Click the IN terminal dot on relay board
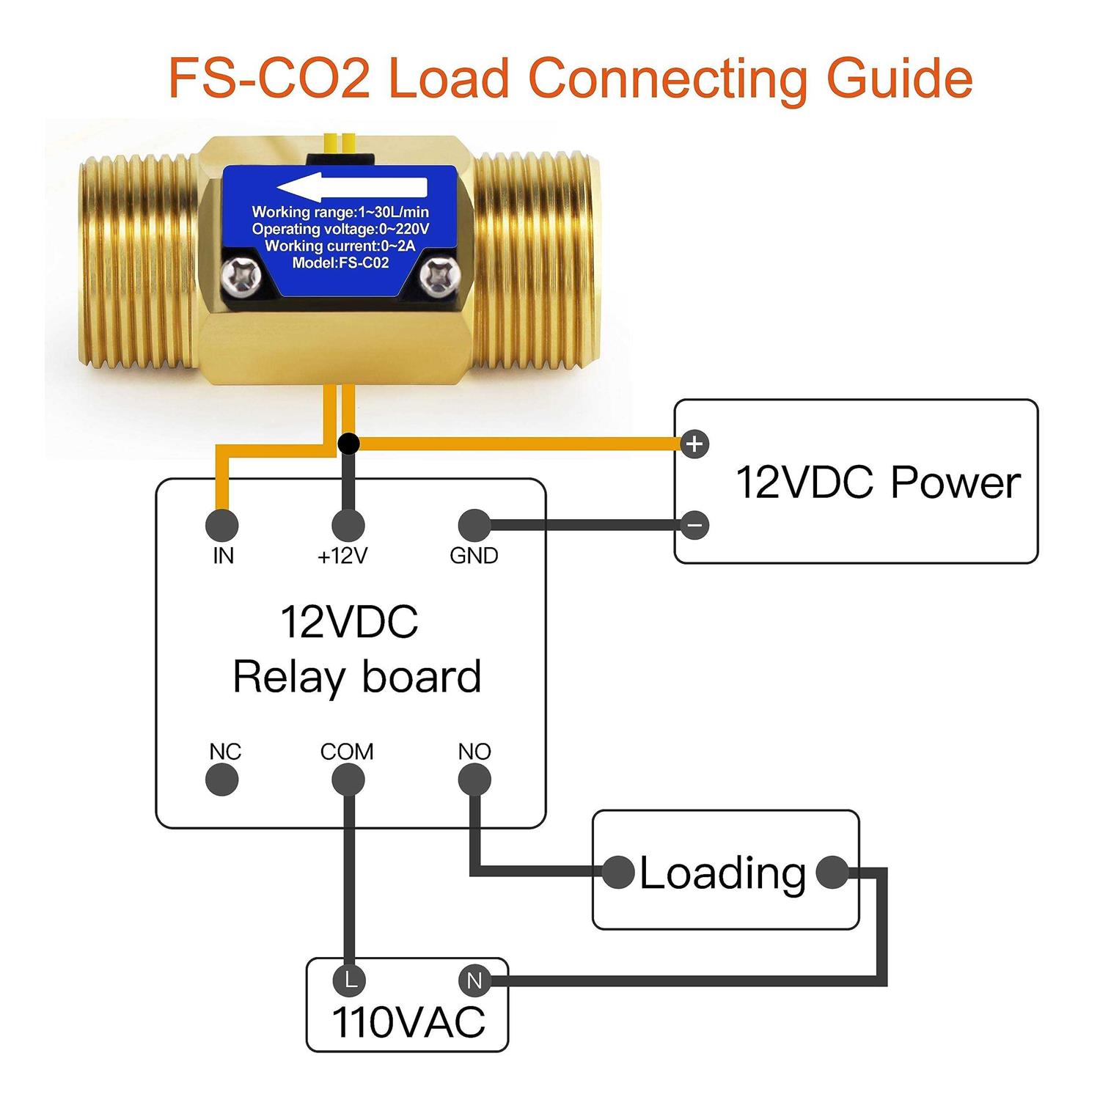pos(222,525)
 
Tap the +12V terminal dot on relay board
pos(348,525)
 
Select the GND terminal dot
pos(474,525)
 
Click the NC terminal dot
pos(222,780)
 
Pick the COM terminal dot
pos(348,780)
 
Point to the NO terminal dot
pos(474,780)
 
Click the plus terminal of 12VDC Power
pos(694,444)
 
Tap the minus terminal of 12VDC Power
pos(694,525)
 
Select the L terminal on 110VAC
pos(349,980)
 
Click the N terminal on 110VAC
pos(474,980)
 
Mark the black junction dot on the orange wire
pos(349,443)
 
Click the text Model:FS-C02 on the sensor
pos(340,263)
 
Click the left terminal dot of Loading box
pos(618,872)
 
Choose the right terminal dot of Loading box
pos(832,872)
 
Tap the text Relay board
pos(356,677)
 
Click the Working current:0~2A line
pos(340,246)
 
